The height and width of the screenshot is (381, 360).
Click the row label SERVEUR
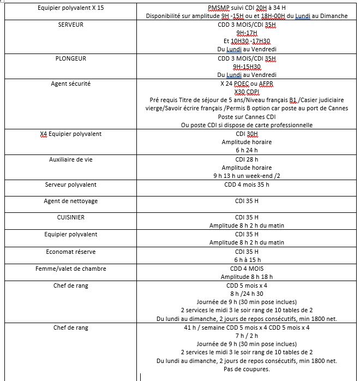pyautogui.click(x=71, y=25)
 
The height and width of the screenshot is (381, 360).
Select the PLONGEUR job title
pyautogui.click(x=71, y=58)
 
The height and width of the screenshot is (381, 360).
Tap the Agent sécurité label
pyautogui.click(x=71, y=84)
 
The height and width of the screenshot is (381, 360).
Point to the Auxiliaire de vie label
pyautogui.click(x=71, y=160)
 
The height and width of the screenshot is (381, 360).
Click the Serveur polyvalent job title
pyautogui.click(x=71, y=185)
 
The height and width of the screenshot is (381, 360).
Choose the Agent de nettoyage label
pyautogui.click(x=71, y=201)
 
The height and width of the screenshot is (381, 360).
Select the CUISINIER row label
pyautogui.click(x=71, y=217)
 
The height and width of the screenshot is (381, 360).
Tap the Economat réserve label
pyautogui.click(x=71, y=252)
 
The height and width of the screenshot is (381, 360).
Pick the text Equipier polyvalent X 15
pyautogui.click(x=71, y=8)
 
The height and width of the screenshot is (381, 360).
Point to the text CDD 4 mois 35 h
pyautogui.click(x=247, y=185)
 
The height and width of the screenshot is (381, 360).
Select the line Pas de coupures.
pyautogui.click(x=247, y=369)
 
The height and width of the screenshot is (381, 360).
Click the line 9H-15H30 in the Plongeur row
pyautogui.click(x=247, y=67)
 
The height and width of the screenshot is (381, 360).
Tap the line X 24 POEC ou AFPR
pyautogui.click(x=247, y=84)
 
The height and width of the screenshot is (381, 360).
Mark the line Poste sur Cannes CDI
pyautogui.click(x=247, y=117)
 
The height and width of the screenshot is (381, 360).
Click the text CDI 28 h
pyautogui.click(x=247, y=160)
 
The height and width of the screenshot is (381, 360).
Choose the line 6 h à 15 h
pyautogui.click(x=247, y=260)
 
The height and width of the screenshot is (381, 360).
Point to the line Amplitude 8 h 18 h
pyautogui.click(x=247, y=277)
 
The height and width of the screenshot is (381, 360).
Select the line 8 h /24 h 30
pyautogui.click(x=247, y=294)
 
